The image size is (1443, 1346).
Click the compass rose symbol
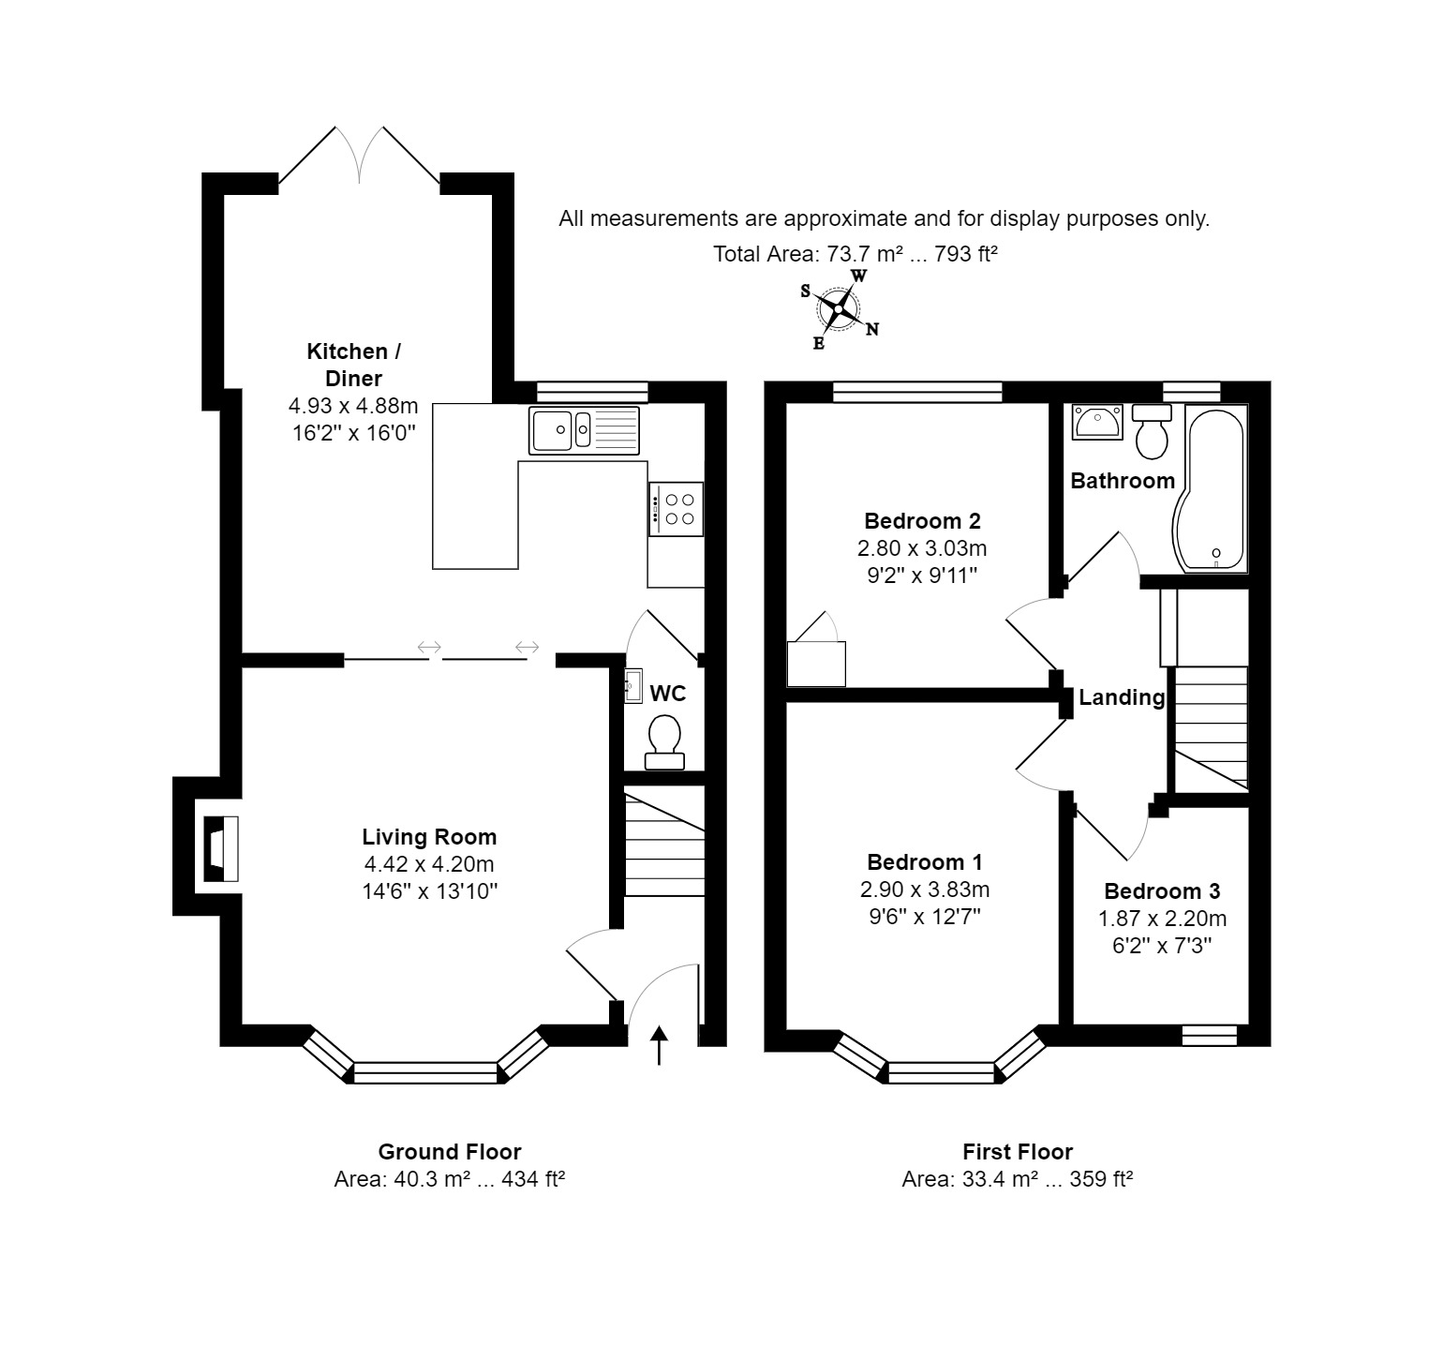(x=839, y=308)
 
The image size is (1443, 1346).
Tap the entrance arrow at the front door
(x=659, y=1045)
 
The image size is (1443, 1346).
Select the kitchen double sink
(x=584, y=430)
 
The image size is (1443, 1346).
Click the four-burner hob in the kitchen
(x=675, y=509)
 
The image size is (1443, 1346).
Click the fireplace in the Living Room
(x=221, y=848)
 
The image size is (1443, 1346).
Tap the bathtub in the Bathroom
(x=1211, y=488)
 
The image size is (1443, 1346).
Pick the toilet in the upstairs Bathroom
(x=1151, y=430)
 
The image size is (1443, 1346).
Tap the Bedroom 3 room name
(x=1162, y=890)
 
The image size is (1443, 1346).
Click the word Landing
(x=1122, y=696)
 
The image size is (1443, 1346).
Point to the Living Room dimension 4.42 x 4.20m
(x=429, y=863)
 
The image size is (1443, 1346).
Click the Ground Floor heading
(x=450, y=1151)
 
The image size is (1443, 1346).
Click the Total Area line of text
(x=855, y=253)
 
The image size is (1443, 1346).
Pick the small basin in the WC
(x=633, y=685)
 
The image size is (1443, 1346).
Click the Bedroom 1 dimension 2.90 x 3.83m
(x=924, y=889)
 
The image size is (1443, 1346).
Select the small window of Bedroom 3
(x=1210, y=1035)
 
